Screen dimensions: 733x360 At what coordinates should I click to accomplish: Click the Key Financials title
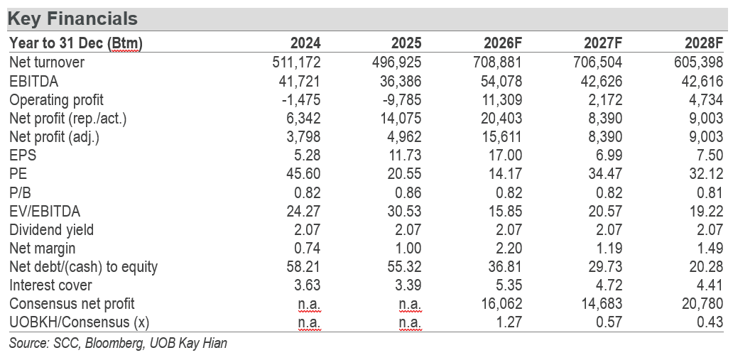coord(73,18)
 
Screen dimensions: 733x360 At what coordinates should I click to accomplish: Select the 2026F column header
coord(503,43)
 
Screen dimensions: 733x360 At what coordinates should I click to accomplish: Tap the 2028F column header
coord(704,43)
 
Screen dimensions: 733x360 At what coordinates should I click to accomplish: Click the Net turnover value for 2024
coord(296,62)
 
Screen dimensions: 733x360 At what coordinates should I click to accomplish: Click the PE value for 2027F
coord(604,173)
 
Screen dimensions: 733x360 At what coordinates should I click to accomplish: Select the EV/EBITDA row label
coord(45,212)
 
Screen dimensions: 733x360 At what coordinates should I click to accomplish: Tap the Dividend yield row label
coord(51,229)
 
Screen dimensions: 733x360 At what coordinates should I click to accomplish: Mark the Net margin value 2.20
coord(506,248)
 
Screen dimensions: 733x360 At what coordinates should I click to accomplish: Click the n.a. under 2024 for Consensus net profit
coord(310,304)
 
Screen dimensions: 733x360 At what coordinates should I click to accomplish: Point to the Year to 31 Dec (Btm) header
coord(76,43)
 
